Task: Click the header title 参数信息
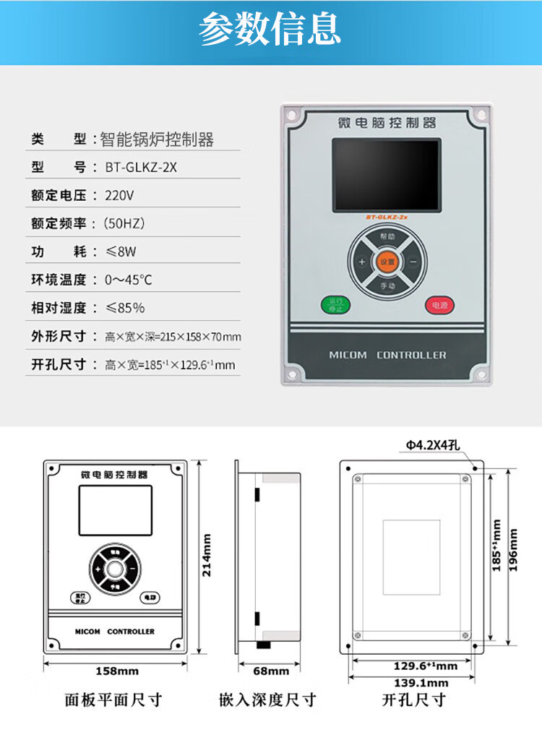coord(270,30)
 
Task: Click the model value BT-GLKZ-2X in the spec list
coord(141,167)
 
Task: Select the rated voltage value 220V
coord(119,195)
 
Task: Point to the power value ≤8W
coord(121,251)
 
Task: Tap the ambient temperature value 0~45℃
coord(128,280)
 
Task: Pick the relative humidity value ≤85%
coord(124,308)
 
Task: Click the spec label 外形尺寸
coord(59,336)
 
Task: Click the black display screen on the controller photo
coord(386,174)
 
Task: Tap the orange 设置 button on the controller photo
coord(387,262)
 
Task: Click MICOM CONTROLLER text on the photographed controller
coord(387,355)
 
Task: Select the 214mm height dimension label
coord(207,554)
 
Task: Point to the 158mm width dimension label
coord(117,671)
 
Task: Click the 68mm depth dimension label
coord(270,671)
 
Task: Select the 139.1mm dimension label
coord(421,683)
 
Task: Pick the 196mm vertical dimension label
coord(514,550)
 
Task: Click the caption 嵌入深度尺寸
coord(267,700)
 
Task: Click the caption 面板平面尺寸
coord(113,700)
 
